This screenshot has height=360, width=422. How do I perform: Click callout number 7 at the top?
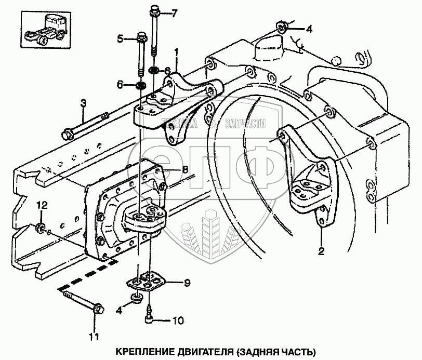175,12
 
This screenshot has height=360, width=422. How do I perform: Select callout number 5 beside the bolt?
121,38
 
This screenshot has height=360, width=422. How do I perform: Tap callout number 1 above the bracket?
177,52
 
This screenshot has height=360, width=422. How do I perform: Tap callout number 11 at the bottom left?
94,337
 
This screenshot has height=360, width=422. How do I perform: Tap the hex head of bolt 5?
140,37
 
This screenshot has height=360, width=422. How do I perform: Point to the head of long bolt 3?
67,135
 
